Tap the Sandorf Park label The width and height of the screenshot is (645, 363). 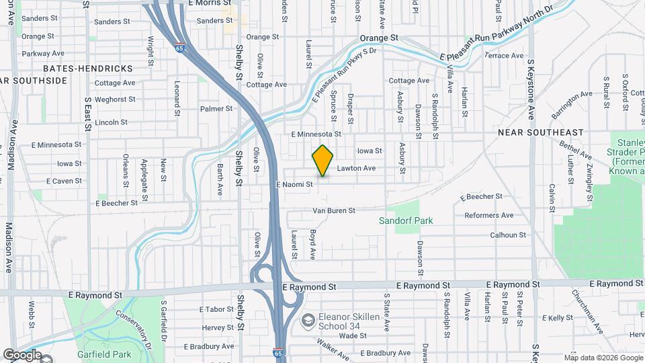[405, 220]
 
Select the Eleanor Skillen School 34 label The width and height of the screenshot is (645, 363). [351, 321]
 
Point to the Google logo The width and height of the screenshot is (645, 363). [22, 354]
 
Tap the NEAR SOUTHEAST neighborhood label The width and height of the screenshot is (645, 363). [541, 132]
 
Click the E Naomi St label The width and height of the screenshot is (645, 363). [294, 184]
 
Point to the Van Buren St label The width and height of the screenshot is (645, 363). [334, 210]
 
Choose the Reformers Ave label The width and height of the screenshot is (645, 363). [489, 215]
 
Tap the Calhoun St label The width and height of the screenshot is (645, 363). [507, 235]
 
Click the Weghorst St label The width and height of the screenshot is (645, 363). [115, 99]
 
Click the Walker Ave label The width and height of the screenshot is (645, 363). [333, 350]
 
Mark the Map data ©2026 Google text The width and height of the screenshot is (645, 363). [603, 358]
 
